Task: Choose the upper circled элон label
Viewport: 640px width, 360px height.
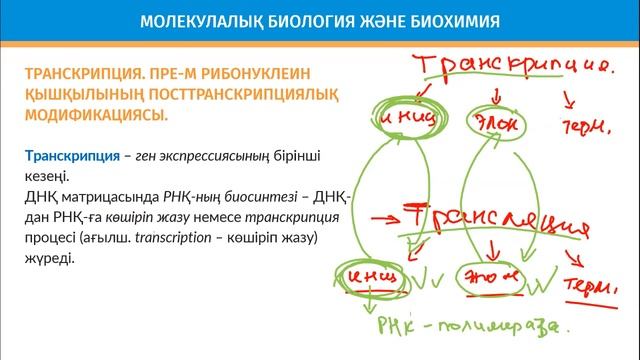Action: (x=491, y=121)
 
